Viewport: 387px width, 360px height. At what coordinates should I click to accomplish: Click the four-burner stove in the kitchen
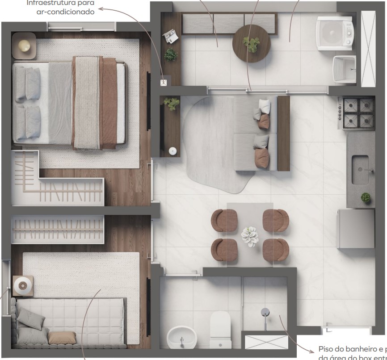pyautogui.click(x=358, y=113)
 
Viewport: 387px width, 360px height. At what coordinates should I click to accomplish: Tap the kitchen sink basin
pyautogui.click(x=360, y=170)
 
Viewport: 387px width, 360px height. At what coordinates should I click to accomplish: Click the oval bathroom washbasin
pyautogui.click(x=181, y=337)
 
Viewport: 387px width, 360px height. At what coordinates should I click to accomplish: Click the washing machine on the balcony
pyautogui.click(x=335, y=32)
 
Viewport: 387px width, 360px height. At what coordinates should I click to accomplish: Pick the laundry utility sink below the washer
pyautogui.click(x=344, y=70)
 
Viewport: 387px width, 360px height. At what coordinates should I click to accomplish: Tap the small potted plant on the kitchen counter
pyautogui.click(x=366, y=197)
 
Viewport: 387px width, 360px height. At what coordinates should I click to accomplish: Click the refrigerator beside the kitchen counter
pyautogui.click(x=355, y=229)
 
